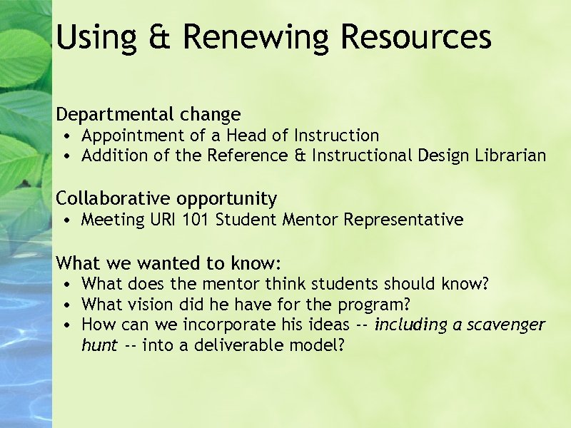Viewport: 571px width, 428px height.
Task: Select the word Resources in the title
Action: (415, 37)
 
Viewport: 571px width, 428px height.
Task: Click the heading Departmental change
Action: (148, 114)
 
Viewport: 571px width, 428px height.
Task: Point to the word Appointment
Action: (127, 136)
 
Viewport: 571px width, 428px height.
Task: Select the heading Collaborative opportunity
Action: (166, 198)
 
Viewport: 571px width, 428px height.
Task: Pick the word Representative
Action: (403, 220)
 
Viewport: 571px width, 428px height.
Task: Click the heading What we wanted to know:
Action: (169, 263)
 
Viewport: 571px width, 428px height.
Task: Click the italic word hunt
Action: (99, 346)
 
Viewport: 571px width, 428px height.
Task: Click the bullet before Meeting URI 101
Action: (65, 220)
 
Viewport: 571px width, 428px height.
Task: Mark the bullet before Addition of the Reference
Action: (65, 156)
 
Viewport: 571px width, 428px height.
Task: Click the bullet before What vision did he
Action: (65, 305)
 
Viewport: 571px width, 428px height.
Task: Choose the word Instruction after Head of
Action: (336, 136)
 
